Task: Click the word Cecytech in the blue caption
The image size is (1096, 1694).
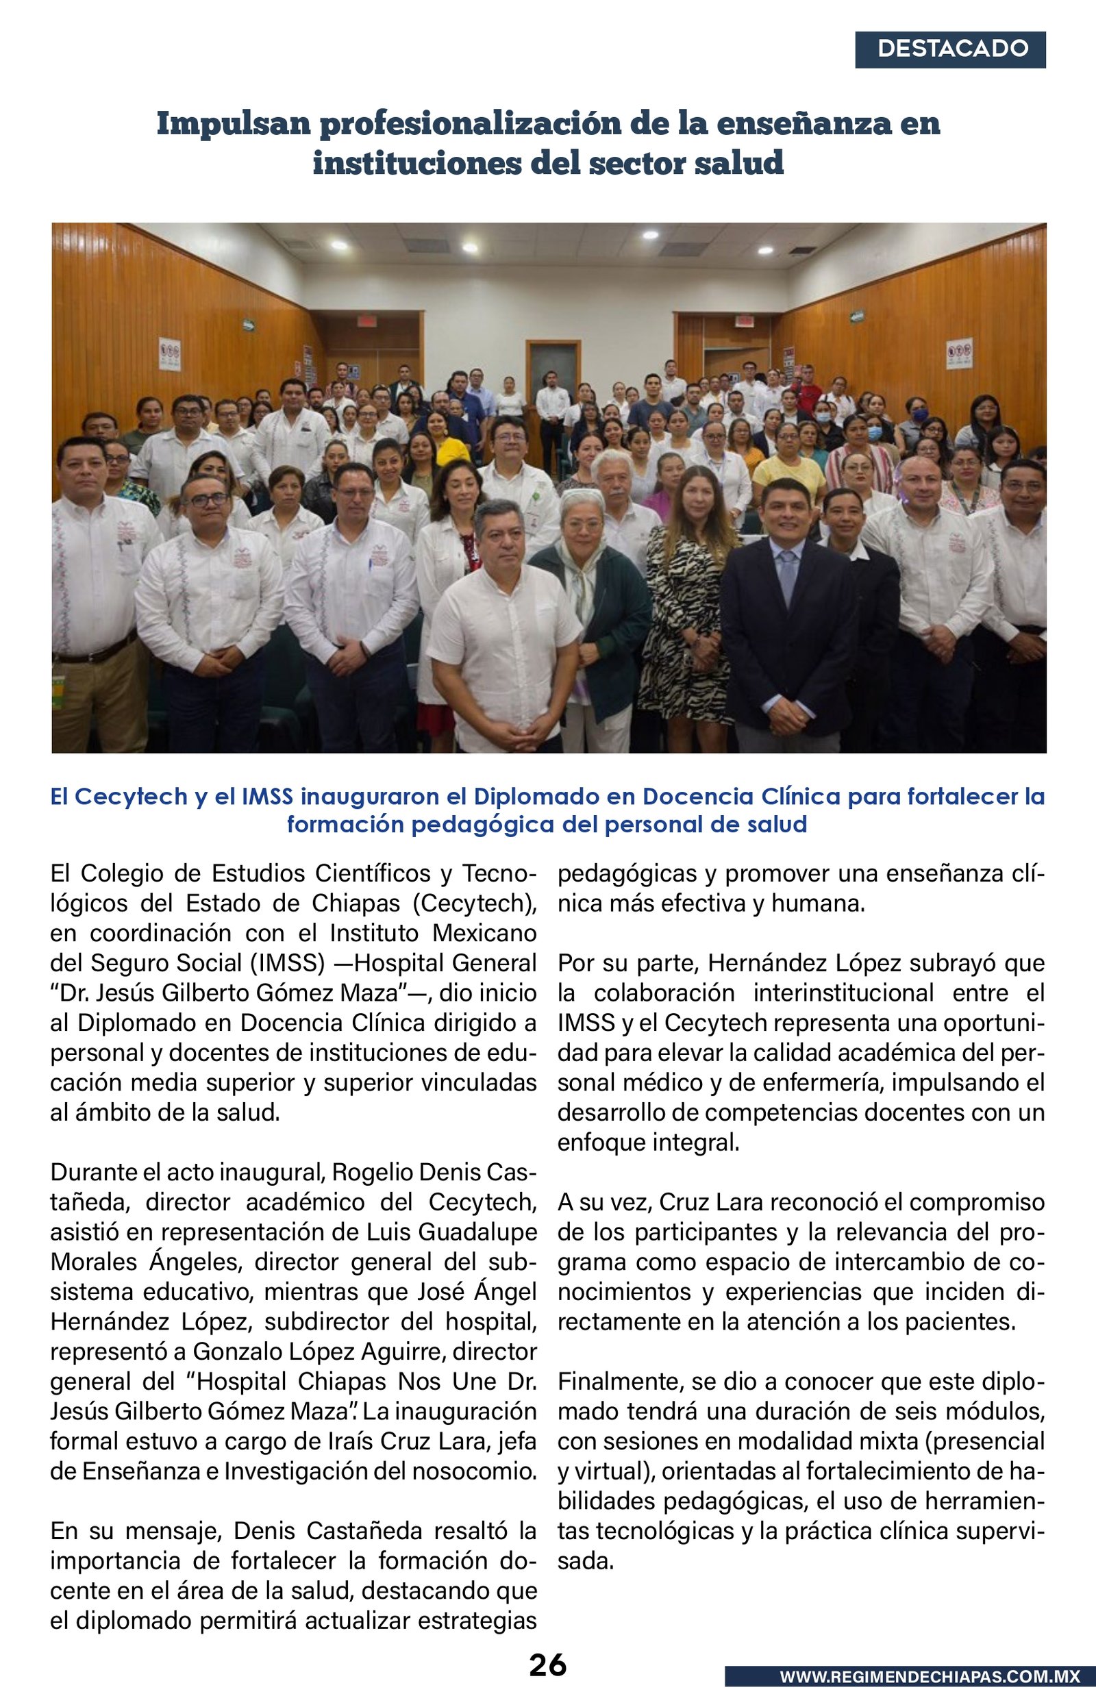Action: click(132, 797)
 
